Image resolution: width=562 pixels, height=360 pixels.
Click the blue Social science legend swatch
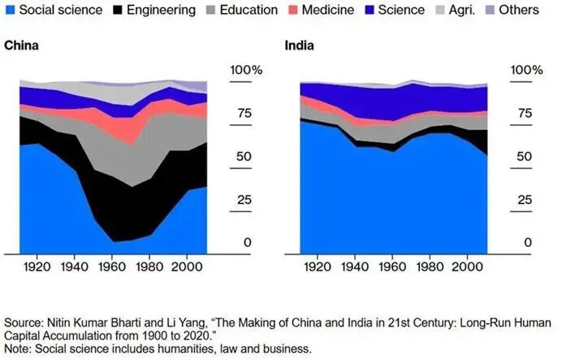(x=10, y=11)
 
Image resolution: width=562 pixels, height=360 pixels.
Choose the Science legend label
(x=401, y=11)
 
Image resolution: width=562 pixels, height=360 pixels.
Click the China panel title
(x=22, y=46)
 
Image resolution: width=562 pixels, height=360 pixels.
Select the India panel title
(x=299, y=46)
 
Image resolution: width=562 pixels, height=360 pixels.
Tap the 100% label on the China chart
(x=245, y=71)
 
